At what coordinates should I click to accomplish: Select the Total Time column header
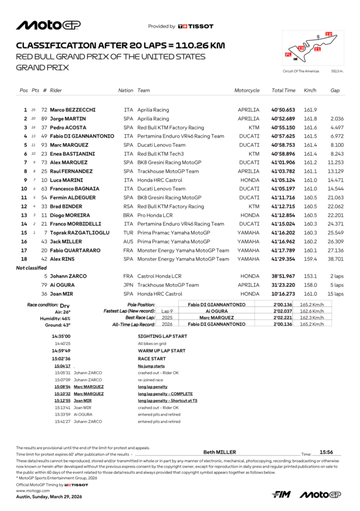click(x=283, y=90)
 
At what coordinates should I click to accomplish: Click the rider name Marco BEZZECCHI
click(x=73, y=110)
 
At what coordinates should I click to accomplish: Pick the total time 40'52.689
click(x=283, y=119)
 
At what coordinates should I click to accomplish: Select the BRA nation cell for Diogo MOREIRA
click(x=128, y=215)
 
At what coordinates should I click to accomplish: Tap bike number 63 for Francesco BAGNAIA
click(x=44, y=189)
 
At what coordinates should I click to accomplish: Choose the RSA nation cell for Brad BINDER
click(x=128, y=206)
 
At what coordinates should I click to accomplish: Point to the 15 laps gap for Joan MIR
click(x=335, y=294)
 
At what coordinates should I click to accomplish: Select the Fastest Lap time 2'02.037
click(x=283, y=311)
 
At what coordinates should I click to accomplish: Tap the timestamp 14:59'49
click(x=61, y=351)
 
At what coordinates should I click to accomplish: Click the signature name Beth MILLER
click(x=220, y=452)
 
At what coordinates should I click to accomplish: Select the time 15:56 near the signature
click(x=326, y=452)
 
